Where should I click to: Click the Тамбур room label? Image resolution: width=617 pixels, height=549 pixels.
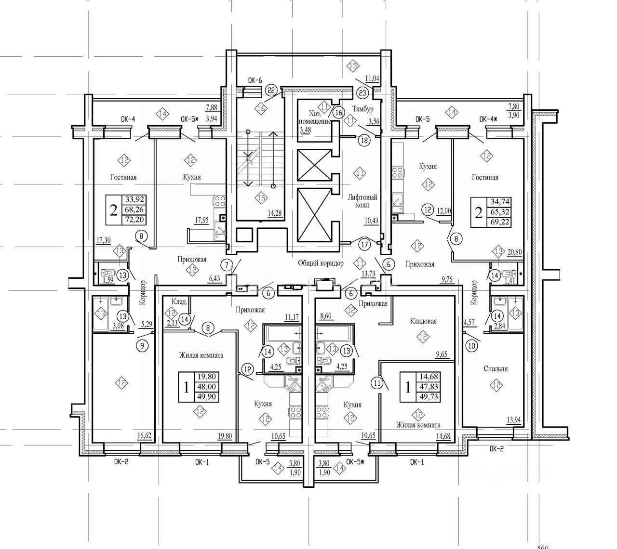click(x=362, y=109)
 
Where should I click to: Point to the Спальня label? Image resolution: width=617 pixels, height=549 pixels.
click(x=496, y=369)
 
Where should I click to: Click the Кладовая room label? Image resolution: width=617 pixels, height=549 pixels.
click(x=423, y=321)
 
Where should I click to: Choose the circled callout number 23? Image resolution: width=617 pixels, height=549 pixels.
click(x=363, y=92)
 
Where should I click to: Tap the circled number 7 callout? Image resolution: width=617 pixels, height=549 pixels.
click(x=228, y=264)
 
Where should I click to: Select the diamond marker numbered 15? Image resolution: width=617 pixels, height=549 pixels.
click(x=353, y=66)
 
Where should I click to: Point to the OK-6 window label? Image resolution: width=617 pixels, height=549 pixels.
click(x=254, y=80)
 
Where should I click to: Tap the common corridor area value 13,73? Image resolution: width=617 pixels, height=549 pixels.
click(x=368, y=274)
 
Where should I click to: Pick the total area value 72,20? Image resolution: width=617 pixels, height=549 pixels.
click(x=135, y=220)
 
